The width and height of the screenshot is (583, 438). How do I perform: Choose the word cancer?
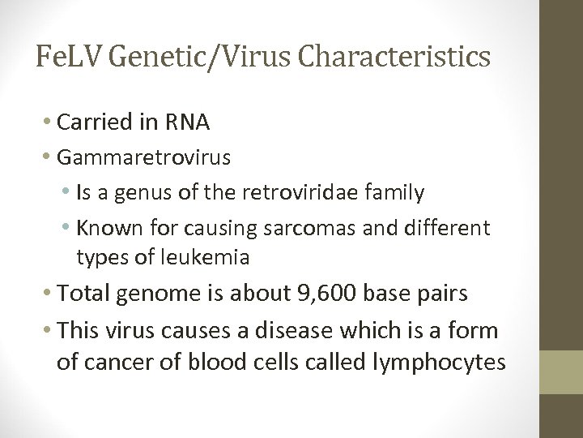click(114, 362)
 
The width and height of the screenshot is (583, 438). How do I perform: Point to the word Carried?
click(90, 122)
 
